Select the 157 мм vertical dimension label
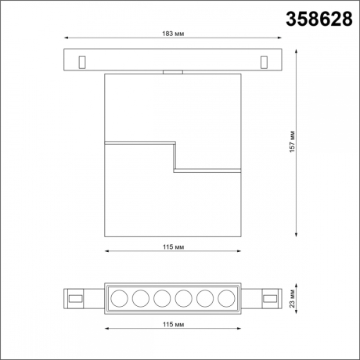pos(291,142)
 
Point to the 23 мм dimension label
pos(292,297)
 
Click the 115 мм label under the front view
pos(174,247)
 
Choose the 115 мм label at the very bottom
pos(174,323)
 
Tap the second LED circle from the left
pos(141,297)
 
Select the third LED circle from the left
pos(162,297)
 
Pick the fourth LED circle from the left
pos(184,297)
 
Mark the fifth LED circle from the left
pos(205,297)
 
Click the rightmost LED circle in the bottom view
pos(226,297)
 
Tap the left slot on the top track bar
pos(82,59)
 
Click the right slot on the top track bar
pos(265,59)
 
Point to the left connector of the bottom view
pos(77,297)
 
